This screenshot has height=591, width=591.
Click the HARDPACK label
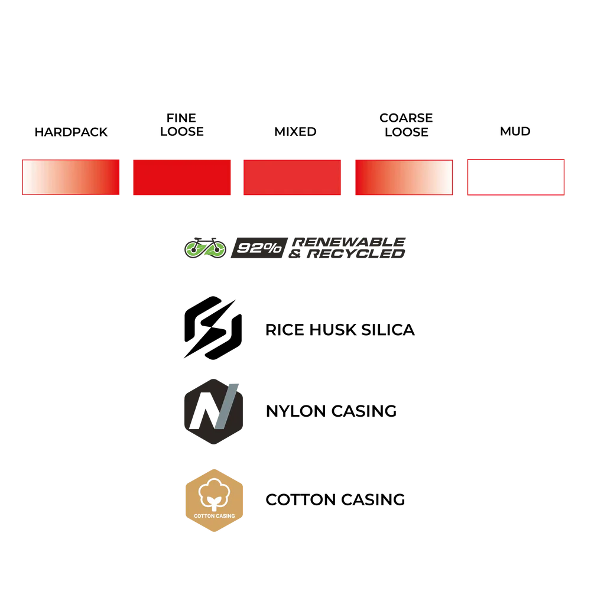point(71,132)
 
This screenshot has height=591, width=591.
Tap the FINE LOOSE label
point(181,125)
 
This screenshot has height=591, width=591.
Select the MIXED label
point(295,132)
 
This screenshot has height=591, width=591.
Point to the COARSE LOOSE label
point(406,125)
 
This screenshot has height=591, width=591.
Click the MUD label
point(515,131)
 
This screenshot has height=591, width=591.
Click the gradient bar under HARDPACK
point(71,177)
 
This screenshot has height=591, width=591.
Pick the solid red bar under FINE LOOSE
point(181,177)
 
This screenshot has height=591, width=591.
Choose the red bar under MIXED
point(292,177)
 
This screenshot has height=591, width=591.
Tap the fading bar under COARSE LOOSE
point(404,177)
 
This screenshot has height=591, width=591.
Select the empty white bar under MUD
point(515,177)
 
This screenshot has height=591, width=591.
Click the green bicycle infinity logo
point(206,248)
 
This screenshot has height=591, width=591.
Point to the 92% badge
point(259,248)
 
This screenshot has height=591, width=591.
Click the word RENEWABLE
point(349,242)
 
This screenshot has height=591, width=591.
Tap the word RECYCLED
point(356,254)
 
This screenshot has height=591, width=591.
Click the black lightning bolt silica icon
point(213,327)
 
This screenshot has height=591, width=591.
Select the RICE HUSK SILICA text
point(340,330)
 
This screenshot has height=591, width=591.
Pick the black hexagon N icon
point(213,411)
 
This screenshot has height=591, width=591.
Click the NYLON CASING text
point(332,411)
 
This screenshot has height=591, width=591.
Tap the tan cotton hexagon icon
point(214,501)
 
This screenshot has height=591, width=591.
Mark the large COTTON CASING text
point(335,500)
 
